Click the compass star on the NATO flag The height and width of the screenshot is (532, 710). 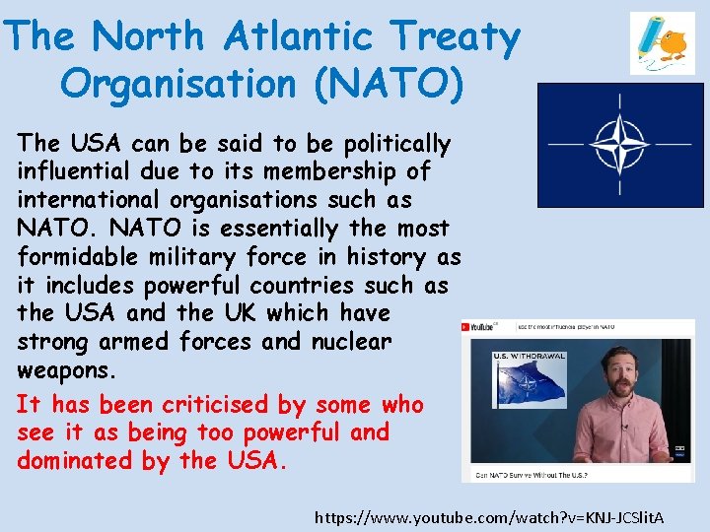620,145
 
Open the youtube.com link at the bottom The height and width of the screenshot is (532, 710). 489,517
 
